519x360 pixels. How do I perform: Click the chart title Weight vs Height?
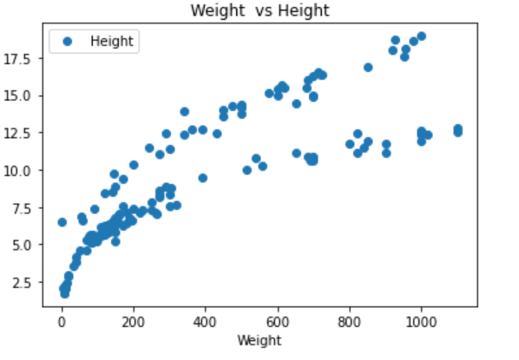(259, 10)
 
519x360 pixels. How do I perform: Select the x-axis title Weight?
(259, 342)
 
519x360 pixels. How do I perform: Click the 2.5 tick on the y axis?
(23, 282)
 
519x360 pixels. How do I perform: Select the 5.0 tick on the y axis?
(23, 245)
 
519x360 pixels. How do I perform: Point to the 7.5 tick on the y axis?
(23, 207)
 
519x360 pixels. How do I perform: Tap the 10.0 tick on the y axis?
(21, 170)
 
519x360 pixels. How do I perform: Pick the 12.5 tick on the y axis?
(21, 132)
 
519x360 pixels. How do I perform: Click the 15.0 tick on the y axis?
(21, 95)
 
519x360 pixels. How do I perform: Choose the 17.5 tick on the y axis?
(21, 57)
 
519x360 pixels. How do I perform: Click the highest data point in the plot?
(422, 36)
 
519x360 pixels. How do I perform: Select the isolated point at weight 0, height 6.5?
(62, 222)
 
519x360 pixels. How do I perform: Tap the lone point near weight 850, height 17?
(368, 67)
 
